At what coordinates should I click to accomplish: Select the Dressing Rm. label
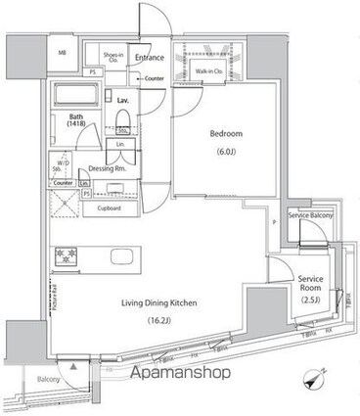tap(107, 167)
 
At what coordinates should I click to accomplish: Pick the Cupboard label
tap(109, 208)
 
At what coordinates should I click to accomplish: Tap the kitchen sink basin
tap(124, 256)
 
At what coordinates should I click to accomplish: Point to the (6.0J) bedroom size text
tap(224, 152)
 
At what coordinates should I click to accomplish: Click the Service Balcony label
tap(310, 216)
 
